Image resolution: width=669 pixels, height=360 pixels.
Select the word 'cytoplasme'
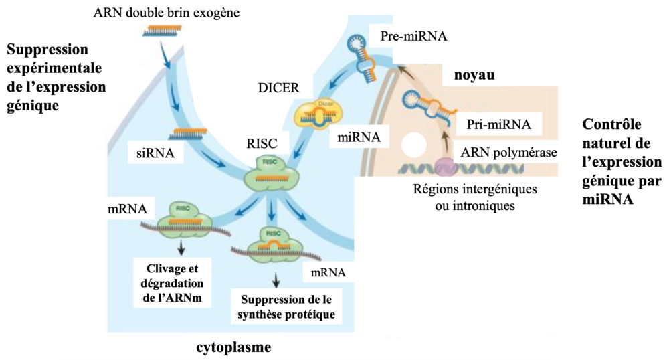(x=234, y=347)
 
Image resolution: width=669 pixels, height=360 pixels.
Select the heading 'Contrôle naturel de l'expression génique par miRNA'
(x=622, y=161)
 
